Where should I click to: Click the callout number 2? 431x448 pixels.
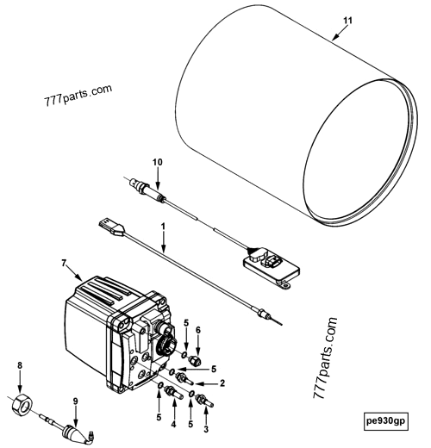[x=222, y=383]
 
